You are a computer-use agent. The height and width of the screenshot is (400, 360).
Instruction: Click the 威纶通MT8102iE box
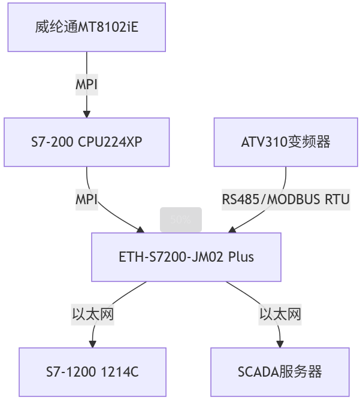tap(87, 27)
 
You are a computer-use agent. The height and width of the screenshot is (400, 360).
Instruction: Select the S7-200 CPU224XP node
tap(87, 142)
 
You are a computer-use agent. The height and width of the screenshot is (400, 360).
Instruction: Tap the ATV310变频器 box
tap(286, 142)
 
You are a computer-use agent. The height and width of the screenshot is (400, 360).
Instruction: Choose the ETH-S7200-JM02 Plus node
tap(186, 257)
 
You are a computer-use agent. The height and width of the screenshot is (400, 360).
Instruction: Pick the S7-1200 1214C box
tap(92, 372)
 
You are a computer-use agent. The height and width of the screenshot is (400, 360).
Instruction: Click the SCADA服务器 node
tap(280, 372)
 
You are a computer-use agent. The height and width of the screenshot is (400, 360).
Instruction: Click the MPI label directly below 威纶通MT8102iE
tap(87, 85)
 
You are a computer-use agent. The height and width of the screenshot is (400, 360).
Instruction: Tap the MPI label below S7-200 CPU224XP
tap(87, 199)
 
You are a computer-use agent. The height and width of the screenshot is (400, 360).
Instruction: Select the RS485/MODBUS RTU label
tap(286, 199)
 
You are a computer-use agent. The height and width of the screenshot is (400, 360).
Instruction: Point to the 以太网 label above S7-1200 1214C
tap(92, 314)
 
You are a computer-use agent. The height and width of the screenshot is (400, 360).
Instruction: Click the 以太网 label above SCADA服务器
tap(280, 314)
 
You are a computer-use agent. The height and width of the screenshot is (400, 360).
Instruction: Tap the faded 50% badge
tap(180, 220)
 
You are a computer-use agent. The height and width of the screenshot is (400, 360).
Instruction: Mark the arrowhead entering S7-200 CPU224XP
tap(87, 114)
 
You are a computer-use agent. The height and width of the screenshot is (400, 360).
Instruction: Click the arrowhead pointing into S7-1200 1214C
tap(92, 344)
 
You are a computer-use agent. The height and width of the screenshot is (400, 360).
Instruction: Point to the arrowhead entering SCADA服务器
tap(280, 344)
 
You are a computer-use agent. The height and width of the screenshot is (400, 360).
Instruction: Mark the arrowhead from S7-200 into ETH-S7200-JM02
tap(141, 230)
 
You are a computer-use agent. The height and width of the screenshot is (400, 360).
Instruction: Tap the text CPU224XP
tap(114, 142)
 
